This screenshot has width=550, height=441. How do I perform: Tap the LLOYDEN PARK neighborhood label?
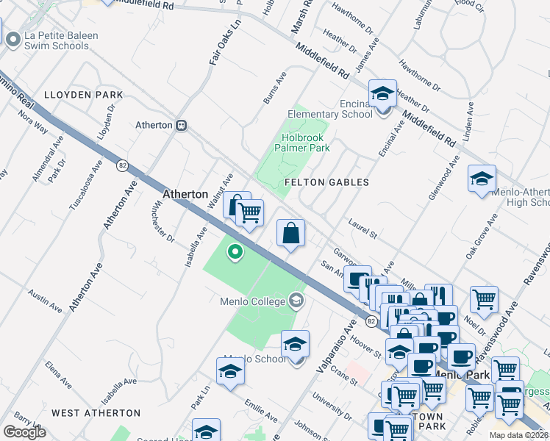click(83, 96)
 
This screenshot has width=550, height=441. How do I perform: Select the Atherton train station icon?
click(180, 125)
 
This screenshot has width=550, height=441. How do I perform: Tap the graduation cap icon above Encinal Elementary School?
click(382, 93)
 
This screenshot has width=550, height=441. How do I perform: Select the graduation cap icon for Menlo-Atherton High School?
click(482, 179)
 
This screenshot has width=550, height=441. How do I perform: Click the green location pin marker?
click(235, 252)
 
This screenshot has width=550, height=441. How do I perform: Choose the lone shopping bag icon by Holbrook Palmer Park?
click(290, 234)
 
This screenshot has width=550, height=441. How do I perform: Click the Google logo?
click(24, 432)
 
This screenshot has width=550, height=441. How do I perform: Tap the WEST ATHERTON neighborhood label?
click(96, 413)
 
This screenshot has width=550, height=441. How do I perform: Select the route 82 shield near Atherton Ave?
click(121, 166)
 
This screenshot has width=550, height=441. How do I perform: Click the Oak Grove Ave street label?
click(482, 235)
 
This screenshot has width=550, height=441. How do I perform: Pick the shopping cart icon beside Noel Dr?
click(484, 299)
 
